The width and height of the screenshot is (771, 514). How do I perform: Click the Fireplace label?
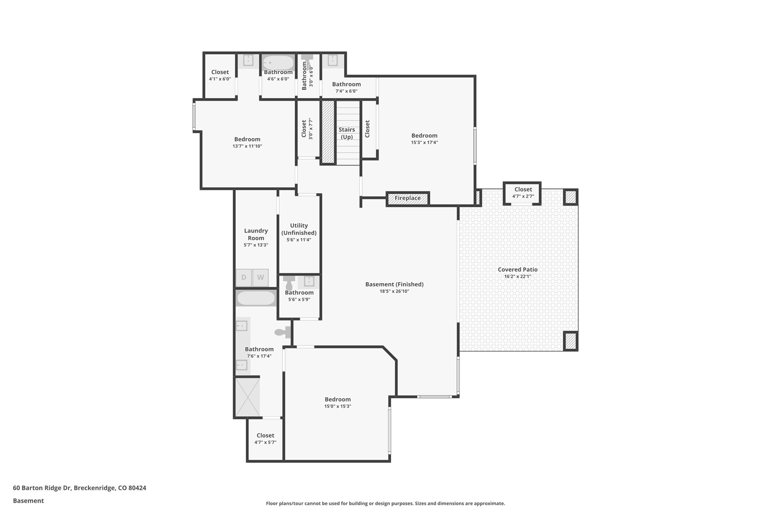tap(408, 198)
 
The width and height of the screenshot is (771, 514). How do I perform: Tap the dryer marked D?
tap(244, 277)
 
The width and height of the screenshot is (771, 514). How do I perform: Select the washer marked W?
tap(260, 277)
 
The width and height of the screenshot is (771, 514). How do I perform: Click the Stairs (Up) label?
tap(347, 133)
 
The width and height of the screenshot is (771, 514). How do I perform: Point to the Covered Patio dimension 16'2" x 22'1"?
tap(517, 276)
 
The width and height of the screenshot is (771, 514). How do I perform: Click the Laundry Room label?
tap(256, 234)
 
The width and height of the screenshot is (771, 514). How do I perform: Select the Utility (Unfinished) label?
tap(299, 229)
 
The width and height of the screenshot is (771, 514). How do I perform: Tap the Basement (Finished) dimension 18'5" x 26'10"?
tap(394, 291)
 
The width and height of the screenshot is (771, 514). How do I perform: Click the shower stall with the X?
tap(248, 397)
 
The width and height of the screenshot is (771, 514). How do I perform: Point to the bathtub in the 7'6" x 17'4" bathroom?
tap(256, 298)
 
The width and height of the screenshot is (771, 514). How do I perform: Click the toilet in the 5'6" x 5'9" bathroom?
tap(289, 282)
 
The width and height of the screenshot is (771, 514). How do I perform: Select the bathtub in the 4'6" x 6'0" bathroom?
tap(278, 62)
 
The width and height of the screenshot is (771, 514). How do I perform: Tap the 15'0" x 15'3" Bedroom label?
tap(338, 399)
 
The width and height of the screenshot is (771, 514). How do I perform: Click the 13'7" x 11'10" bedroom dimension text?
tap(247, 146)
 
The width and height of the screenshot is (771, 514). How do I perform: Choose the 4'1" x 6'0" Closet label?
tap(220, 72)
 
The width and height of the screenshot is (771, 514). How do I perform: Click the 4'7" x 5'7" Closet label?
tap(265, 435)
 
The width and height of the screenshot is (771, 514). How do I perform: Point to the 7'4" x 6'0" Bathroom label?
tap(346, 84)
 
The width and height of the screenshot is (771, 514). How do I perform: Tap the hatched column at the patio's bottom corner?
tap(571, 340)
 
